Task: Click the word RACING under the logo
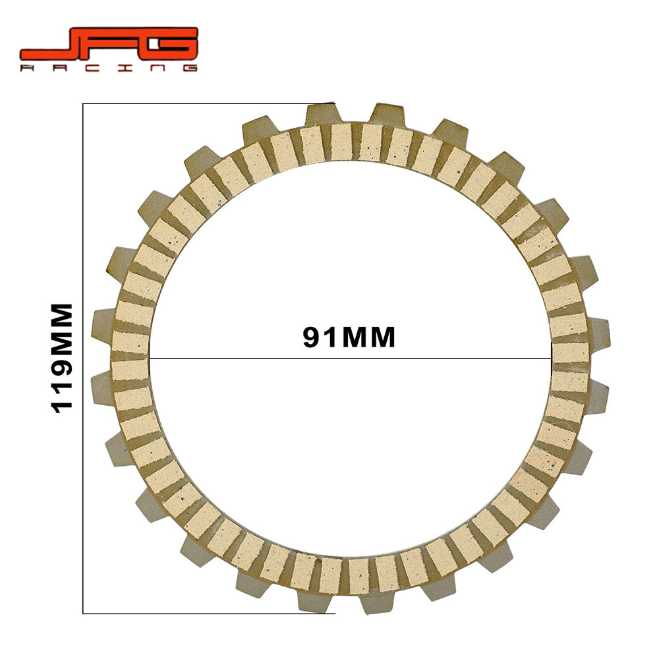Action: tap(109, 68)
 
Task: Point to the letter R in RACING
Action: tap(28, 68)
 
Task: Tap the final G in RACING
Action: tap(188, 68)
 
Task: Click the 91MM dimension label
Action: tap(349, 337)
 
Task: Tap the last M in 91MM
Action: tap(381, 337)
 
